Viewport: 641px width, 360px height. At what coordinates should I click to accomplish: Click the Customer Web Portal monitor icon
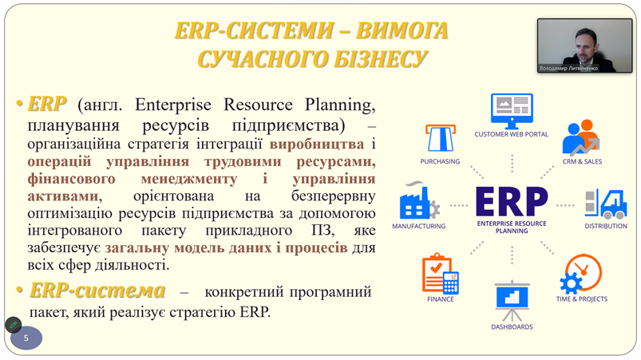click(512, 111)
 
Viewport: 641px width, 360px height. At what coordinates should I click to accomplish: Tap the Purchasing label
click(440, 161)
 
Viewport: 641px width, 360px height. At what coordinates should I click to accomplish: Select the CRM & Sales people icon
click(581, 138)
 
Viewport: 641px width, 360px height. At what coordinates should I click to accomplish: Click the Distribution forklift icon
click(606, 204)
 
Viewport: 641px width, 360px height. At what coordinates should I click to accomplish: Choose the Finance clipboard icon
click(441, 273)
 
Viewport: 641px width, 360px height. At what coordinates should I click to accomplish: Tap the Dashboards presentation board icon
click(512, 301)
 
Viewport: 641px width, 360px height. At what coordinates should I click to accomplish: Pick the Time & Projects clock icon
click(580, 274)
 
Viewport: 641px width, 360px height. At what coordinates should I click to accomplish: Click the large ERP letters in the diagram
click(512, 201)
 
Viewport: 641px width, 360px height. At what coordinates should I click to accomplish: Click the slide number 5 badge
click(26, 338)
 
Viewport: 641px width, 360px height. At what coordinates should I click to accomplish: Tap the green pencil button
click(13, 325)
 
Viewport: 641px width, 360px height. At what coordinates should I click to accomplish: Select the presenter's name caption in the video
click(568, 68)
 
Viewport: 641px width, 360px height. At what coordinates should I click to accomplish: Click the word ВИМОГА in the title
click(402, 30)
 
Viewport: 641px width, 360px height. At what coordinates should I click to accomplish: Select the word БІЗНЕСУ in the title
click(381, 59)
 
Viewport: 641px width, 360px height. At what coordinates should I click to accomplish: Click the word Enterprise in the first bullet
click(173, 105)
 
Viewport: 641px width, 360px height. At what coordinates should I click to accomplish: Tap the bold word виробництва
click(317, 144)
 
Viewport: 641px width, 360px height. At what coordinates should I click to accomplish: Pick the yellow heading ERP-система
click(97, 291)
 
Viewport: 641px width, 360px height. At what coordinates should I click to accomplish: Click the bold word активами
click(63, 196)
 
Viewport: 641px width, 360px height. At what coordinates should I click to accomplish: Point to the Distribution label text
click(606, 226)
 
